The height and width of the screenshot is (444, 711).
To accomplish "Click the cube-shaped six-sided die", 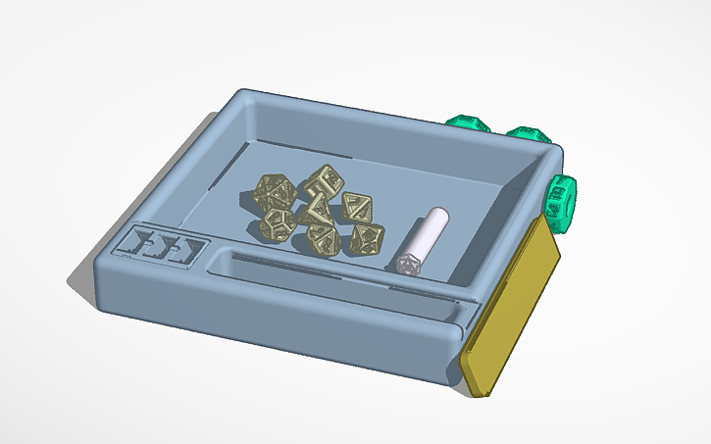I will pos(321,181).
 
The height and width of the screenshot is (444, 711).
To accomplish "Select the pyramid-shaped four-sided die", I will pos(315,209).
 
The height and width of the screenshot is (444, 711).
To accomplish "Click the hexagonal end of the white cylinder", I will pos(407,263).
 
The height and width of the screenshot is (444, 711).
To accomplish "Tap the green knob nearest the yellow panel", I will pos(561,200).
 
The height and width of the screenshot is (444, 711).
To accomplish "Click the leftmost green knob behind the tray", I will pos(467,123).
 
